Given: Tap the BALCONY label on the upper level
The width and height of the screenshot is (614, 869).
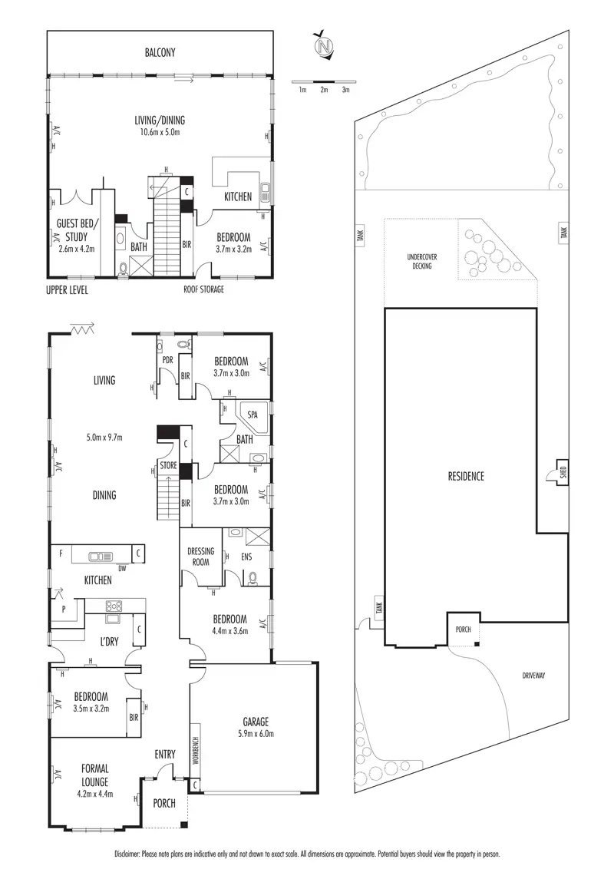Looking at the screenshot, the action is point(160,53).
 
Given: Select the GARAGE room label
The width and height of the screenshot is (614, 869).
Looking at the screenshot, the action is point(256,722).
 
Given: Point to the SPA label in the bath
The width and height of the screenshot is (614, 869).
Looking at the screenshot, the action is point(253,415).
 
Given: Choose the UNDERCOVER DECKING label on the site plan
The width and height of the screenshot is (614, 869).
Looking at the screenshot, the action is point(420,261).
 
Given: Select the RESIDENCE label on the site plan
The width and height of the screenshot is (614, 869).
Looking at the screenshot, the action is point(466,476).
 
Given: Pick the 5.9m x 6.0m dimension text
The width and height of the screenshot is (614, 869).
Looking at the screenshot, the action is point(256,734).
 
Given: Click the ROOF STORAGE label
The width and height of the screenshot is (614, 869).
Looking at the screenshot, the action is point(203,290).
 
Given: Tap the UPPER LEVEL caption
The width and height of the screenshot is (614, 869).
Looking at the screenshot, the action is point(68,290).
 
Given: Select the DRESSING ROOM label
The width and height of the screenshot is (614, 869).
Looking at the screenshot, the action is point(200,556).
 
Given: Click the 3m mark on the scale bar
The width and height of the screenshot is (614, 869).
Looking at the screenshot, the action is point(345,90).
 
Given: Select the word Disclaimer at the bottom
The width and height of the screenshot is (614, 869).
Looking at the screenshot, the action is point(127,854).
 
